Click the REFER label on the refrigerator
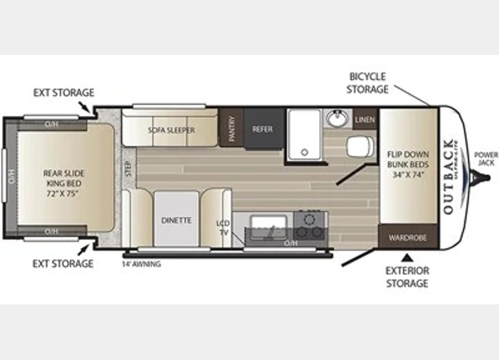[262, 130]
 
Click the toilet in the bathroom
[359, 147]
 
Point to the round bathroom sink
[336, 118]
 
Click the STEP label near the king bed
[128, 168]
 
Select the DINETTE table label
[176, 220]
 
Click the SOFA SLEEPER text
[171, 130]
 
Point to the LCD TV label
[223, 228]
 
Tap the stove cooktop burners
[310, 225]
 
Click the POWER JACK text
[486, 158]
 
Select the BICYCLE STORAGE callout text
[367, 83]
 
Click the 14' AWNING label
[141, 264]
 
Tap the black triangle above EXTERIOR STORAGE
[407, 257]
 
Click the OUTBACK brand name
[448, 176]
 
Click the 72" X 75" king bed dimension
[64, 193]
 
